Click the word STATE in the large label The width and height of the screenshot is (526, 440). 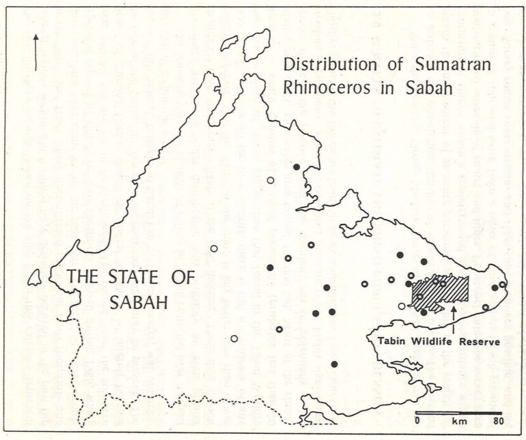coord(130,278)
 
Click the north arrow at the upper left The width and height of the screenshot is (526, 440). coord(35,52)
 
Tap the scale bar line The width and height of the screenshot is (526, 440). coord(459,413)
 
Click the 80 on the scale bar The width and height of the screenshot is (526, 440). coord(499,422)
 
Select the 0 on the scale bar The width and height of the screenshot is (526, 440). coord(418,422)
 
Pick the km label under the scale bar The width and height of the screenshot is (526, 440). coord(458,422)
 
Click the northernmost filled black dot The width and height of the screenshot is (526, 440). coord(296,166)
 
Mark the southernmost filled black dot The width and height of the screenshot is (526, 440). coord(334,364)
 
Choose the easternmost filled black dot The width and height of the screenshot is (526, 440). coord(494,287)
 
